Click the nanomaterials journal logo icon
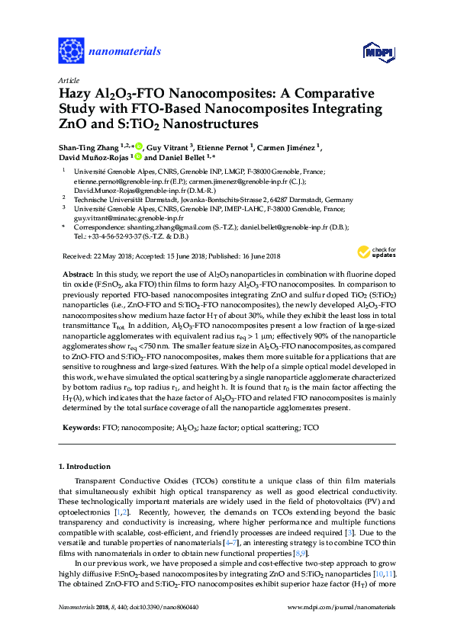pyautogui.click(x=72, y=51)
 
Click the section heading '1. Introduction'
pyautogui.click(x=84, y=465)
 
